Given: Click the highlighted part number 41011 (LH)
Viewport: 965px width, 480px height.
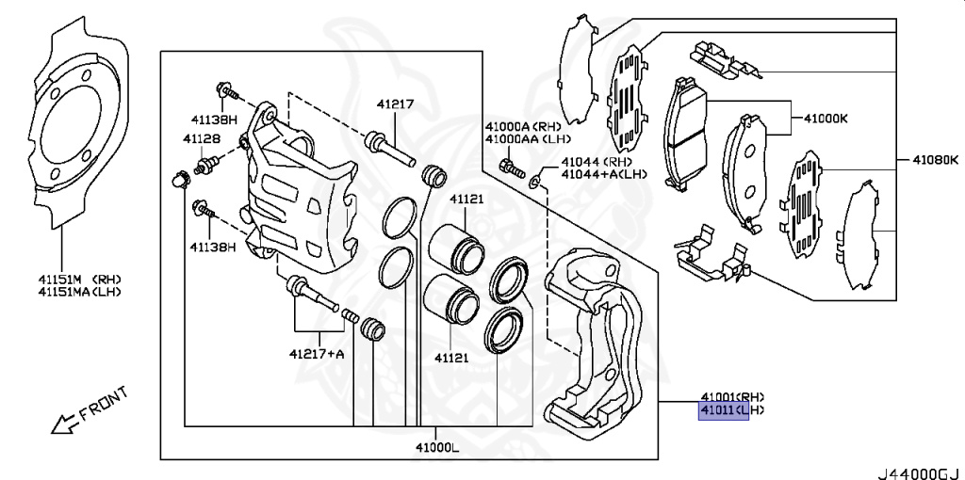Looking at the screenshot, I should point(723,411).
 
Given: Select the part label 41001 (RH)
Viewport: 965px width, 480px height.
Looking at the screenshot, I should point(731,396).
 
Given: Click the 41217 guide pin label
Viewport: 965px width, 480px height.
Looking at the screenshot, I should point(396,104).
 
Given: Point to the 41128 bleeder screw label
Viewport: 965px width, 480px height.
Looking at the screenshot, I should point(202,139).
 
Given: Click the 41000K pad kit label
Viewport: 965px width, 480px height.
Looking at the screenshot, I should point(826,120).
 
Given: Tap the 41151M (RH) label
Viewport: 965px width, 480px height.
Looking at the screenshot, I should point(79,279).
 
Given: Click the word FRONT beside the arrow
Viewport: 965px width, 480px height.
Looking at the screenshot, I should point(103,403).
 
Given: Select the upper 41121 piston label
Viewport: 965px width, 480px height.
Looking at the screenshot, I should point(466,200).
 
